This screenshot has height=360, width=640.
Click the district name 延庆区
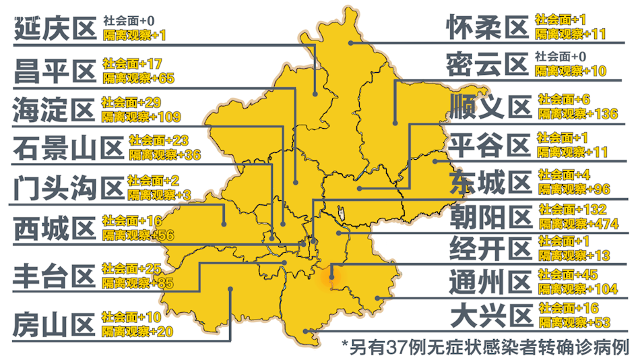pos(55,29)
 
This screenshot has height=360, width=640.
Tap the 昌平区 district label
pos(55,69)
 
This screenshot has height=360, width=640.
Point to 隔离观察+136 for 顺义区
pos(577,113)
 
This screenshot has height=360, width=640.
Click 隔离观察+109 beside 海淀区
pos(141,117)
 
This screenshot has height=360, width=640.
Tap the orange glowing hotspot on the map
pos(331,274)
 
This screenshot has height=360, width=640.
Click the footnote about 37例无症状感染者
pos(485,347)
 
